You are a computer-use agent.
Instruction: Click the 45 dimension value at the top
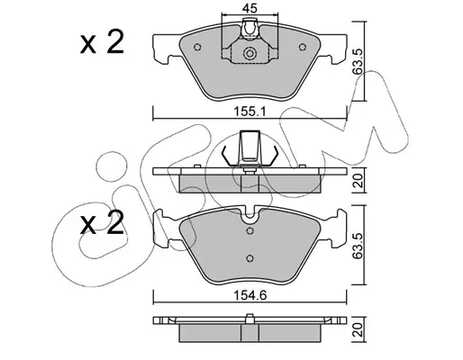[x=250, y=8]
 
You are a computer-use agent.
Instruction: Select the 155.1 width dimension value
[x=250, y=112]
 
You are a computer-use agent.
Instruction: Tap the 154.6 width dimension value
[x=250, y=296]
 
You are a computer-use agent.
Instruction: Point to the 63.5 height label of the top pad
[x=359, y=61]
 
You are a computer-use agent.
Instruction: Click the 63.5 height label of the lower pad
[x=359, y=245]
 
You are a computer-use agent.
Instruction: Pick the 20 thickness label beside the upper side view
[x=359, y=181]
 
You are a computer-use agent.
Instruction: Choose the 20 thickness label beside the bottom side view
[x=359, y=329]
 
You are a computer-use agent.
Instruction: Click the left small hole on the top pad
[x=197, y=47]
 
